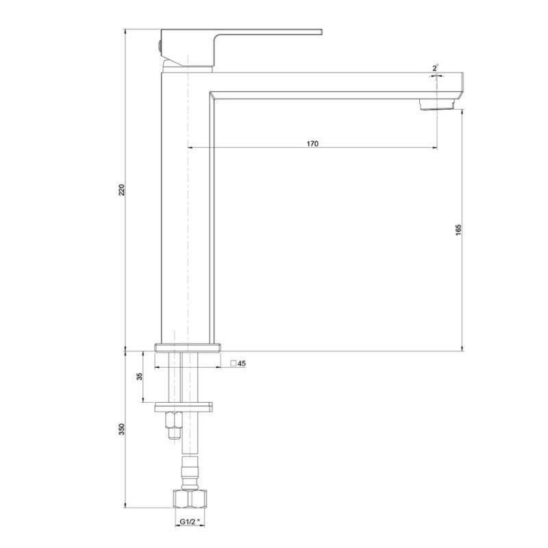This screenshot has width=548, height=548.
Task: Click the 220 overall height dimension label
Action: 121,190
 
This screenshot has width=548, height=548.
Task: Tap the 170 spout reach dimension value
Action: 312,144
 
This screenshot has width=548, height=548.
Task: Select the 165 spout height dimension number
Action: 458,229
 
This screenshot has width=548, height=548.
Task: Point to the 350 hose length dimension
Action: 121,429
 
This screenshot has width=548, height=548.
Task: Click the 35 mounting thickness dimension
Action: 140,376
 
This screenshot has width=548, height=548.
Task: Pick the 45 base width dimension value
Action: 242,364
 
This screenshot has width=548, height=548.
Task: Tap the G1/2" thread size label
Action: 190,522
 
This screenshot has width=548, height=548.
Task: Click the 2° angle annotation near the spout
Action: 436,68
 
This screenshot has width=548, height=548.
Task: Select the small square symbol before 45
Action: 234,363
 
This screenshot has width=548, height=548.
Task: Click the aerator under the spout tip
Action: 437,104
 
